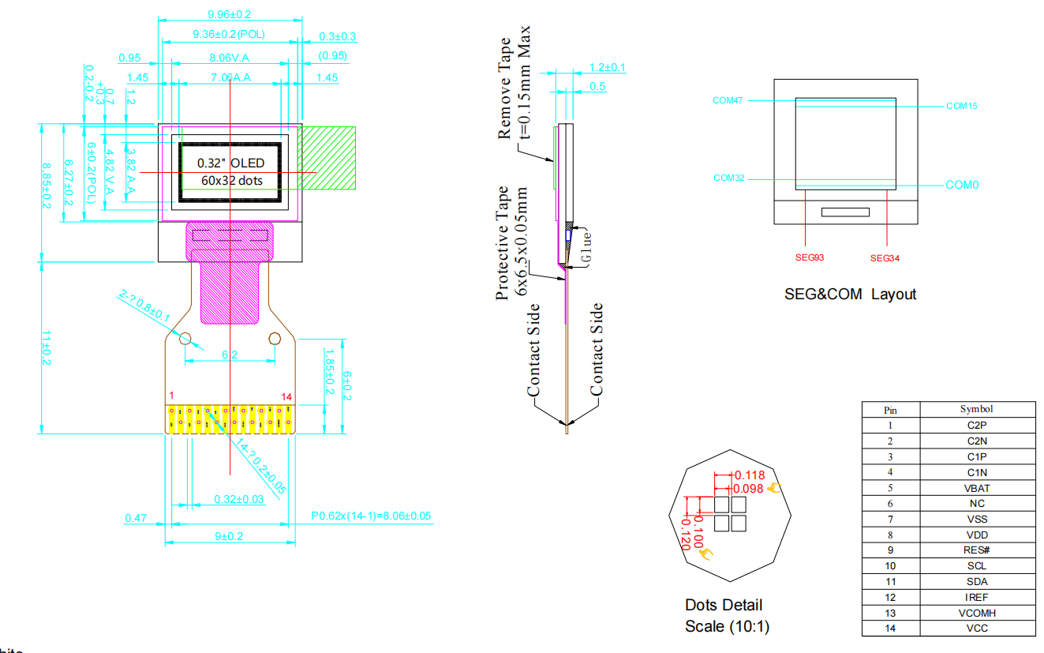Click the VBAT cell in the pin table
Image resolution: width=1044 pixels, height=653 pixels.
point(976,488)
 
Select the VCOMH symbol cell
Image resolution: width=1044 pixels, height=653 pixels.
point(976,613)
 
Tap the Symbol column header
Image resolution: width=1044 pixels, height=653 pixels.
point(976,409)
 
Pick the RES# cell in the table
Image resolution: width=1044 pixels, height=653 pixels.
point(976,550)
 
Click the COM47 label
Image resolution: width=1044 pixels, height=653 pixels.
point(728,100)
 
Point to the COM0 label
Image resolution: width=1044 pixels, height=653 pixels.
point(962,186)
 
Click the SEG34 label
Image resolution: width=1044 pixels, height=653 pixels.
point(885,258)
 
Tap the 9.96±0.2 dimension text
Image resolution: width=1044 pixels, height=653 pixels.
point(229,14)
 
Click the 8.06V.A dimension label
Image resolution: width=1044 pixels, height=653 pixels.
point(229,58)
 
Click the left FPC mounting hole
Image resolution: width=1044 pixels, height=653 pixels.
point(186,339)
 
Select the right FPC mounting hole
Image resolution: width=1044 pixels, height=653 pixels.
point(275,339)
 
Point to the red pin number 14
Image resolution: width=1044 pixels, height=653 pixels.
point(286,396)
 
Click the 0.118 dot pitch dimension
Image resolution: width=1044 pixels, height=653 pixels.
point(750,475)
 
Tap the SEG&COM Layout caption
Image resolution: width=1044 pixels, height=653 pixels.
point(850,295)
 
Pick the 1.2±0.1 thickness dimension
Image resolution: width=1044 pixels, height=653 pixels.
point(607,68)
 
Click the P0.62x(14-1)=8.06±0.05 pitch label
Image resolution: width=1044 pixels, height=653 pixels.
point(371,516)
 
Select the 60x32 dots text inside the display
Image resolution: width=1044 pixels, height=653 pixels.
point(230,180)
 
